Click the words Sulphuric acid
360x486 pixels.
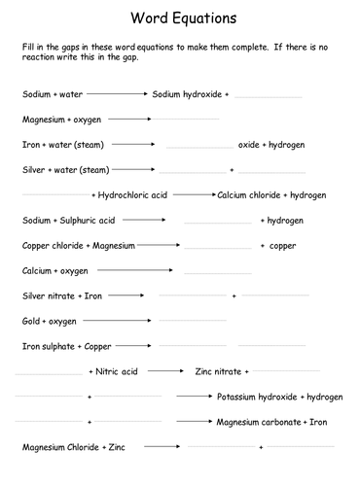pyautogui.click(x=89, y=220)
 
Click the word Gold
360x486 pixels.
pyautogui.click(x=32, y=321)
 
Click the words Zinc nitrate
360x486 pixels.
pyautogui.click(x=218, y=371)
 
